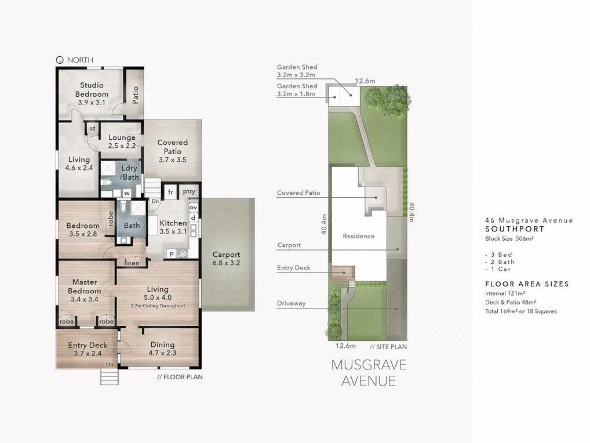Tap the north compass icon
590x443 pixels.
pos(59,60)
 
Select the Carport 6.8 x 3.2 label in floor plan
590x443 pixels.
pos(226,259)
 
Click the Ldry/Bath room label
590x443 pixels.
pos(129,172)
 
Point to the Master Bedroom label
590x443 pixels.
pos(84,286)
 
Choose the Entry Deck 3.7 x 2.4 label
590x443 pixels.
pos(88,349)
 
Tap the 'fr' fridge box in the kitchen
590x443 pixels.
pos(170,192)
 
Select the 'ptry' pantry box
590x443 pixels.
pos(189,192)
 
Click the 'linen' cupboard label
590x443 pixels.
pos(132,263)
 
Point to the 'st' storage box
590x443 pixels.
pos(92,129)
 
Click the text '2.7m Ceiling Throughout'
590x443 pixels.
pos(158,306)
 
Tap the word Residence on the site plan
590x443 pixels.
pos(358,236)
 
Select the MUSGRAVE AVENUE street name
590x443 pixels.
pos(369,373)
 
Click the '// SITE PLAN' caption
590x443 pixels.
pos(388,347)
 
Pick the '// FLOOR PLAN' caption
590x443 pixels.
pos(180,377)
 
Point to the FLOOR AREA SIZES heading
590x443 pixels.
pos(527,284)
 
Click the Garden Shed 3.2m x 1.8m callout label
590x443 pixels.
pos(297,90)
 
